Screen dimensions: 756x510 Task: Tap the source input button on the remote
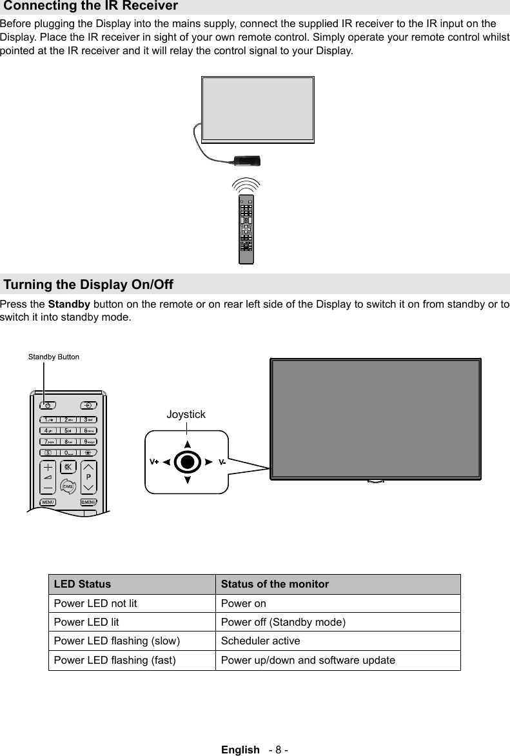point(88,405)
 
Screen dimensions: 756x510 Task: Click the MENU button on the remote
point(48,502)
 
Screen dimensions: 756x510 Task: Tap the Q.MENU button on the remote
point(88,502)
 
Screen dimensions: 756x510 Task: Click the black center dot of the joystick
point(187,462)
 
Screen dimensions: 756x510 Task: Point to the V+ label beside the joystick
point(155,462)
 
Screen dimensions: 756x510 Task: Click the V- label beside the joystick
point(222,462)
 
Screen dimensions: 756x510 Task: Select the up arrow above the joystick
point(187,444)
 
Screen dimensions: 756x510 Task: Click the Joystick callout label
point(186,415)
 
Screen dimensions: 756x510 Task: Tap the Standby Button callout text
point(54,357)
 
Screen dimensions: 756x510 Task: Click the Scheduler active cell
point(260,641)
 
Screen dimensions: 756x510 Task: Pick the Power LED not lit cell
point(95,604)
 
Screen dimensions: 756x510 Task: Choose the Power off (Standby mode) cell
point(283,622)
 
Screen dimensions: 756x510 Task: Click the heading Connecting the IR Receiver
point(91,7)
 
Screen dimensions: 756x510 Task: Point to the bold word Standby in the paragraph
point(69,304)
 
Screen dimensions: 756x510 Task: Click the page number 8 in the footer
point(279,750)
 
